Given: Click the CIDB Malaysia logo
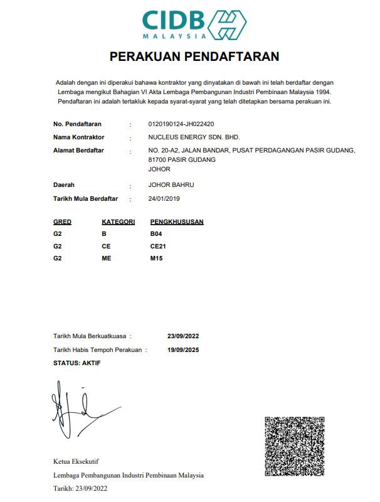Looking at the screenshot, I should click(194, 25).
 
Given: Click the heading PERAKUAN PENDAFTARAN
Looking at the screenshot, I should click(194, 57).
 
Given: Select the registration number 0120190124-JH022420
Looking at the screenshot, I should click(181, 124).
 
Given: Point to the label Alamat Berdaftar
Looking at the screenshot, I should click(79, 151).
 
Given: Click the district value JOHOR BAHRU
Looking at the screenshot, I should click(171, 185).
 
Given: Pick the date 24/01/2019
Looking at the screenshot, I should click(164, 199).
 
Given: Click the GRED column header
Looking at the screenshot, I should click(63, 222).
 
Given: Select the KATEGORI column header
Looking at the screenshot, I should click(118, 222).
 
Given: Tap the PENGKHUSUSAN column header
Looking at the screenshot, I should click(177, 222).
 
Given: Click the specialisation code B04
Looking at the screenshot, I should click(156, 234).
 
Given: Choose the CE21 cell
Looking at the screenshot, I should click(158, 246).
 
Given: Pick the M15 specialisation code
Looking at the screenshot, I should click(157, 258).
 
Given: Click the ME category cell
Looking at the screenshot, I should click(106, 258).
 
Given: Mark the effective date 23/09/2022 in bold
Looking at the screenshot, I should click(183, 336).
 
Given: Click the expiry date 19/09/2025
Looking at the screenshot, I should click(183, 350).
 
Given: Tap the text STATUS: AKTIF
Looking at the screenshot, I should click(77, 363).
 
